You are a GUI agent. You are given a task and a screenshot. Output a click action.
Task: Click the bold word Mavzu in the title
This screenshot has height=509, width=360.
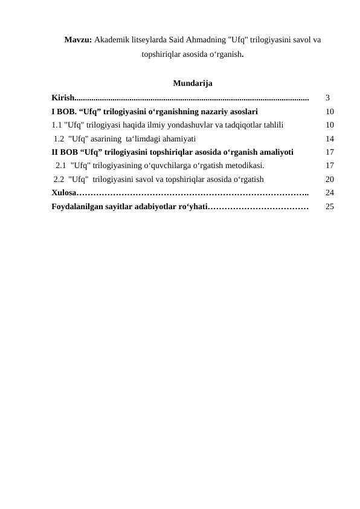pyautogui.click(x=78, y=40)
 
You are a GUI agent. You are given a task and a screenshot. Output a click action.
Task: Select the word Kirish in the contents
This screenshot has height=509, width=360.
pyautogui.click(x=62, y=97)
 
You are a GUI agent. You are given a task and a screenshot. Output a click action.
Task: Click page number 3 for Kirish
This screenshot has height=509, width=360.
pyautogui.click(x=327, y=97)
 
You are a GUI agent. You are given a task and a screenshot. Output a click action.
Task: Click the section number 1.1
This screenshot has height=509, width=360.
pyautogui.click(x=57, y=125)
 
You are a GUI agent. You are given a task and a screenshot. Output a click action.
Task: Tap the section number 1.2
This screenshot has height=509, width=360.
pyautogui.click(x=59, y=138)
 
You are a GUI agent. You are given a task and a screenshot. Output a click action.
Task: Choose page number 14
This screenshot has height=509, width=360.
pyautogui.click(x=330, y=138)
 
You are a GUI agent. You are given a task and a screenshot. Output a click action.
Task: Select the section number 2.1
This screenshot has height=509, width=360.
pyautogui.click(x=61, y=165)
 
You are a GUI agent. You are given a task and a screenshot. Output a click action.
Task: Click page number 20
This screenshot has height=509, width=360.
pyautogui.click(x=330, y=179)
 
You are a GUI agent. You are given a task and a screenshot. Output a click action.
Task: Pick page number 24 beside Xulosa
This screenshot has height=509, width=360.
pyautogui.click(x=330, y=193)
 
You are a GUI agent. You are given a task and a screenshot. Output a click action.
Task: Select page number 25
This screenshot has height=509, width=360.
pyautogui.click(x=330, y=207)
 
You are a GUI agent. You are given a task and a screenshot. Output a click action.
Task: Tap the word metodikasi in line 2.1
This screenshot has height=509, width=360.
pyautogui.click(x=242, y=165)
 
